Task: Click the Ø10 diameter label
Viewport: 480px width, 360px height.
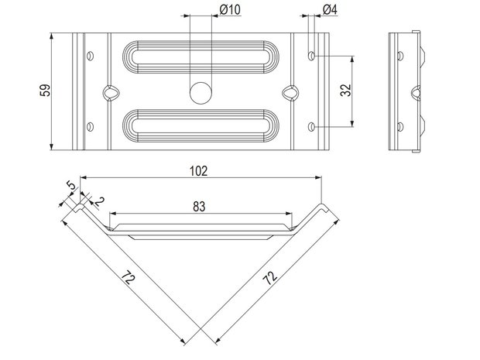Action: coord(230,10)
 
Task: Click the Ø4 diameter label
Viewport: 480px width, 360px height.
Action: coord(330,10)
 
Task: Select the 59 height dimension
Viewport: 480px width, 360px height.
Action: coord(45,91)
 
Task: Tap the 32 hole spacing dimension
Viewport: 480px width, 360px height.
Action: coord(346,90)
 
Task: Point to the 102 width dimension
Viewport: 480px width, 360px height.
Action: coord(199,171)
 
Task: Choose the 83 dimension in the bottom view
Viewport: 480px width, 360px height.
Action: coord(199,207)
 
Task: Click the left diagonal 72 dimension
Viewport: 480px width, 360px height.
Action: coord(128,278)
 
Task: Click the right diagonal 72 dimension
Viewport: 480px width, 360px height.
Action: coord(270,278)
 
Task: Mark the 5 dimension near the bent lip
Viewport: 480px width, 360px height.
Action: coord(70,186)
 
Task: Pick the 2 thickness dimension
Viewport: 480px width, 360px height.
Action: coord(100,201)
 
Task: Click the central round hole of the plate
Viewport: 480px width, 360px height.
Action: coord(201,93)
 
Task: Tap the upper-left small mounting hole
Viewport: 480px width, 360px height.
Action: coord(90,56)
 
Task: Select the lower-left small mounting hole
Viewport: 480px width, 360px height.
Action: coord(90,126)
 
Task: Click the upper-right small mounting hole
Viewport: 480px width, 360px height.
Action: coord(311,56)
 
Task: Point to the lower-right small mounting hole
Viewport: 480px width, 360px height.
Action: coord(311,126)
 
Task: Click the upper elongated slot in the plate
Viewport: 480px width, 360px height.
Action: coord(201,57)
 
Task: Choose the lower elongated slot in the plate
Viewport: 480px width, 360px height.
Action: coord(201,126)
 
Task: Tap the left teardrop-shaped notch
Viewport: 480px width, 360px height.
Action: coord(110,93)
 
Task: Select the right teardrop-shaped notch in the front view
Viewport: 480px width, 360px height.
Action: coord(290,93)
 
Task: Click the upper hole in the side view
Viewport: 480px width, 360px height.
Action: coord(400,56)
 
